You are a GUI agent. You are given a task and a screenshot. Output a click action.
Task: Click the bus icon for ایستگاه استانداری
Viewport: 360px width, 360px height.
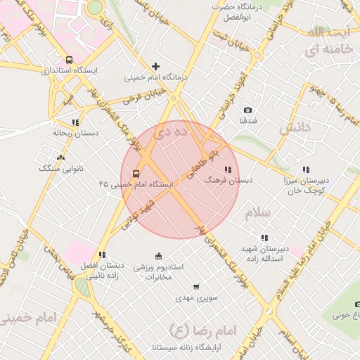pos(69,60)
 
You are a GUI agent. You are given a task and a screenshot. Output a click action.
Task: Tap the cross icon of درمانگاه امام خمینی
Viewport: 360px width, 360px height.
pos(155,66)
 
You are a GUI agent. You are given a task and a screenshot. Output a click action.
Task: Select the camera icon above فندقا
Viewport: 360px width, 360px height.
pos(247,110)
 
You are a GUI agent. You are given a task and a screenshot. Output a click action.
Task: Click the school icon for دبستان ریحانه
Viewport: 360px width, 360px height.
pos(75,122)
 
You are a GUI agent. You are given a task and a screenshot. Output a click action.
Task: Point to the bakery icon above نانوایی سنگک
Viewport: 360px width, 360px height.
pos(60,158)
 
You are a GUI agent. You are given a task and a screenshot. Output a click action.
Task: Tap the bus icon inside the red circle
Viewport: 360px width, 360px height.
pos(135,174)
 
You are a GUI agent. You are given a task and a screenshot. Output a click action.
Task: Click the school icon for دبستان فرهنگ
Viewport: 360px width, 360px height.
pos(228,170)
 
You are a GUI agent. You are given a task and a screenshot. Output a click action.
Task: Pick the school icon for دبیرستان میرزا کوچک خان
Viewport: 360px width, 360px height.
pos(306,169)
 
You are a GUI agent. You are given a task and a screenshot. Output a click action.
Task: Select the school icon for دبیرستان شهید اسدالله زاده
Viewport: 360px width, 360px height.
pos(264,238)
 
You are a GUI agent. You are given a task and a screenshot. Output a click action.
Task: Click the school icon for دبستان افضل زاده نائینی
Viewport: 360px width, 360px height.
pos(102,255)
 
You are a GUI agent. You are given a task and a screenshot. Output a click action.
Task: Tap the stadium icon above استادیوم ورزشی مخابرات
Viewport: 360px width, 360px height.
pos(158,256)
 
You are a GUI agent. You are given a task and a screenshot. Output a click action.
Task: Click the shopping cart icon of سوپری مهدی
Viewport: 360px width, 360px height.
pos(196,287)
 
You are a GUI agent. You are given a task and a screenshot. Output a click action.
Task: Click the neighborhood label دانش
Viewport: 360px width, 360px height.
pos(295,129)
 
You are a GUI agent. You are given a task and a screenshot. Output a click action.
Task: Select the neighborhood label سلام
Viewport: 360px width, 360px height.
pos(257,211)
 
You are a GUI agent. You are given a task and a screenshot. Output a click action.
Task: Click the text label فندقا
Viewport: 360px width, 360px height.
pos(248,121)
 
